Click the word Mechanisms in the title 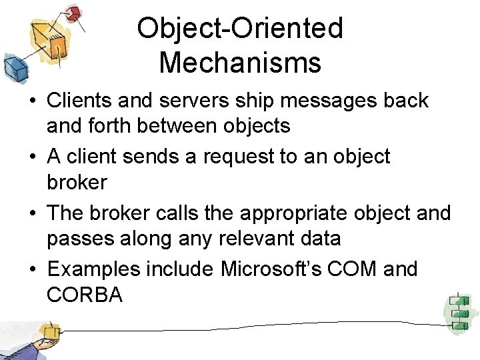(240, 63)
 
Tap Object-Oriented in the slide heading (240, 28)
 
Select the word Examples (94, 269)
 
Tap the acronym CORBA (85, 294)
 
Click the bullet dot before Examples (33, 270)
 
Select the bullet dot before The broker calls (33, 213)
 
